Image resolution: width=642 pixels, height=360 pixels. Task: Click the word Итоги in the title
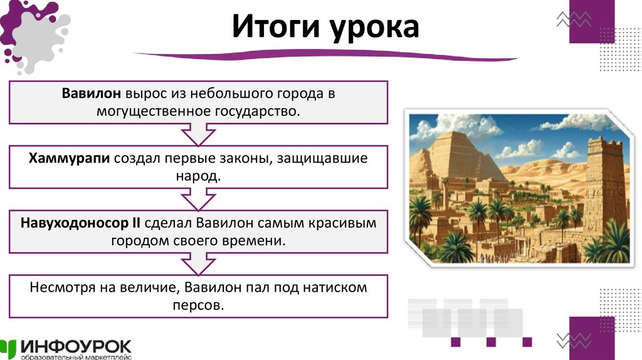273,28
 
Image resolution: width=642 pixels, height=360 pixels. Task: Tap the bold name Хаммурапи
70,159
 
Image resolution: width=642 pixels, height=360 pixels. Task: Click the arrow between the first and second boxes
198,134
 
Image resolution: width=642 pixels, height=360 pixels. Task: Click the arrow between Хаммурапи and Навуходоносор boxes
198,199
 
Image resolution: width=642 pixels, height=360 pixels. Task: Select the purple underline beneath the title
326,57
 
